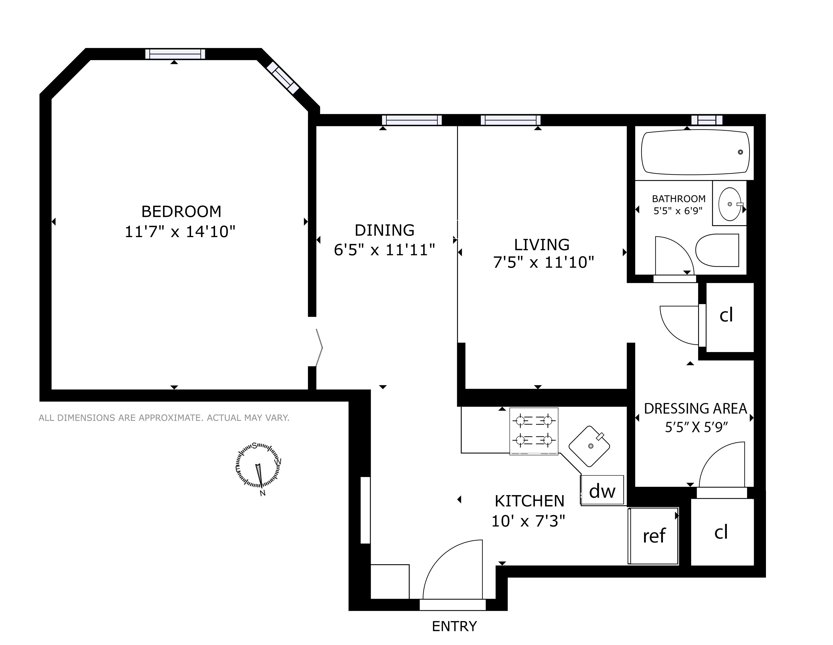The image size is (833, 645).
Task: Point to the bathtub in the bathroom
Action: tap(695, 152)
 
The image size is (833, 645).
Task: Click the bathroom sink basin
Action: tap(729, 204)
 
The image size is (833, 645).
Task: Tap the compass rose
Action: tap(258, 466)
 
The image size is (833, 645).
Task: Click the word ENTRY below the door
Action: tap(454, 626)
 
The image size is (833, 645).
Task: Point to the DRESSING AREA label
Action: tap(695, 408)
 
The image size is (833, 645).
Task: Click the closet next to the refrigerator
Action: tap(722, 532)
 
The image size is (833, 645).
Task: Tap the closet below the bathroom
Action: tap(729, 316)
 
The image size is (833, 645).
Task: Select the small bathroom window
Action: tap(707, 120)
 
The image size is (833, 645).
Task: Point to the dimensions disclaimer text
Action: tap(164, 418)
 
